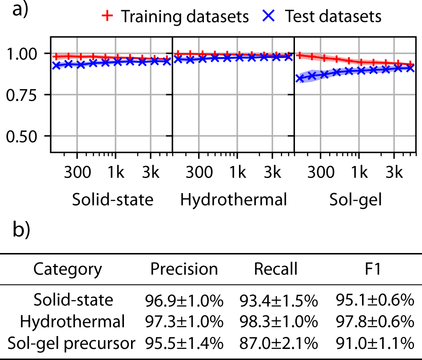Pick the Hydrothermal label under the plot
234,200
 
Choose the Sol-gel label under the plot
355,200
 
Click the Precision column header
184,269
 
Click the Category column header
68,269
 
